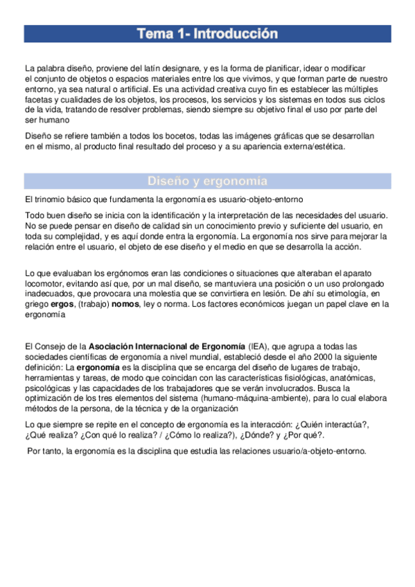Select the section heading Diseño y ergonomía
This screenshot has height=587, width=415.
[x=207, y=181]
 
